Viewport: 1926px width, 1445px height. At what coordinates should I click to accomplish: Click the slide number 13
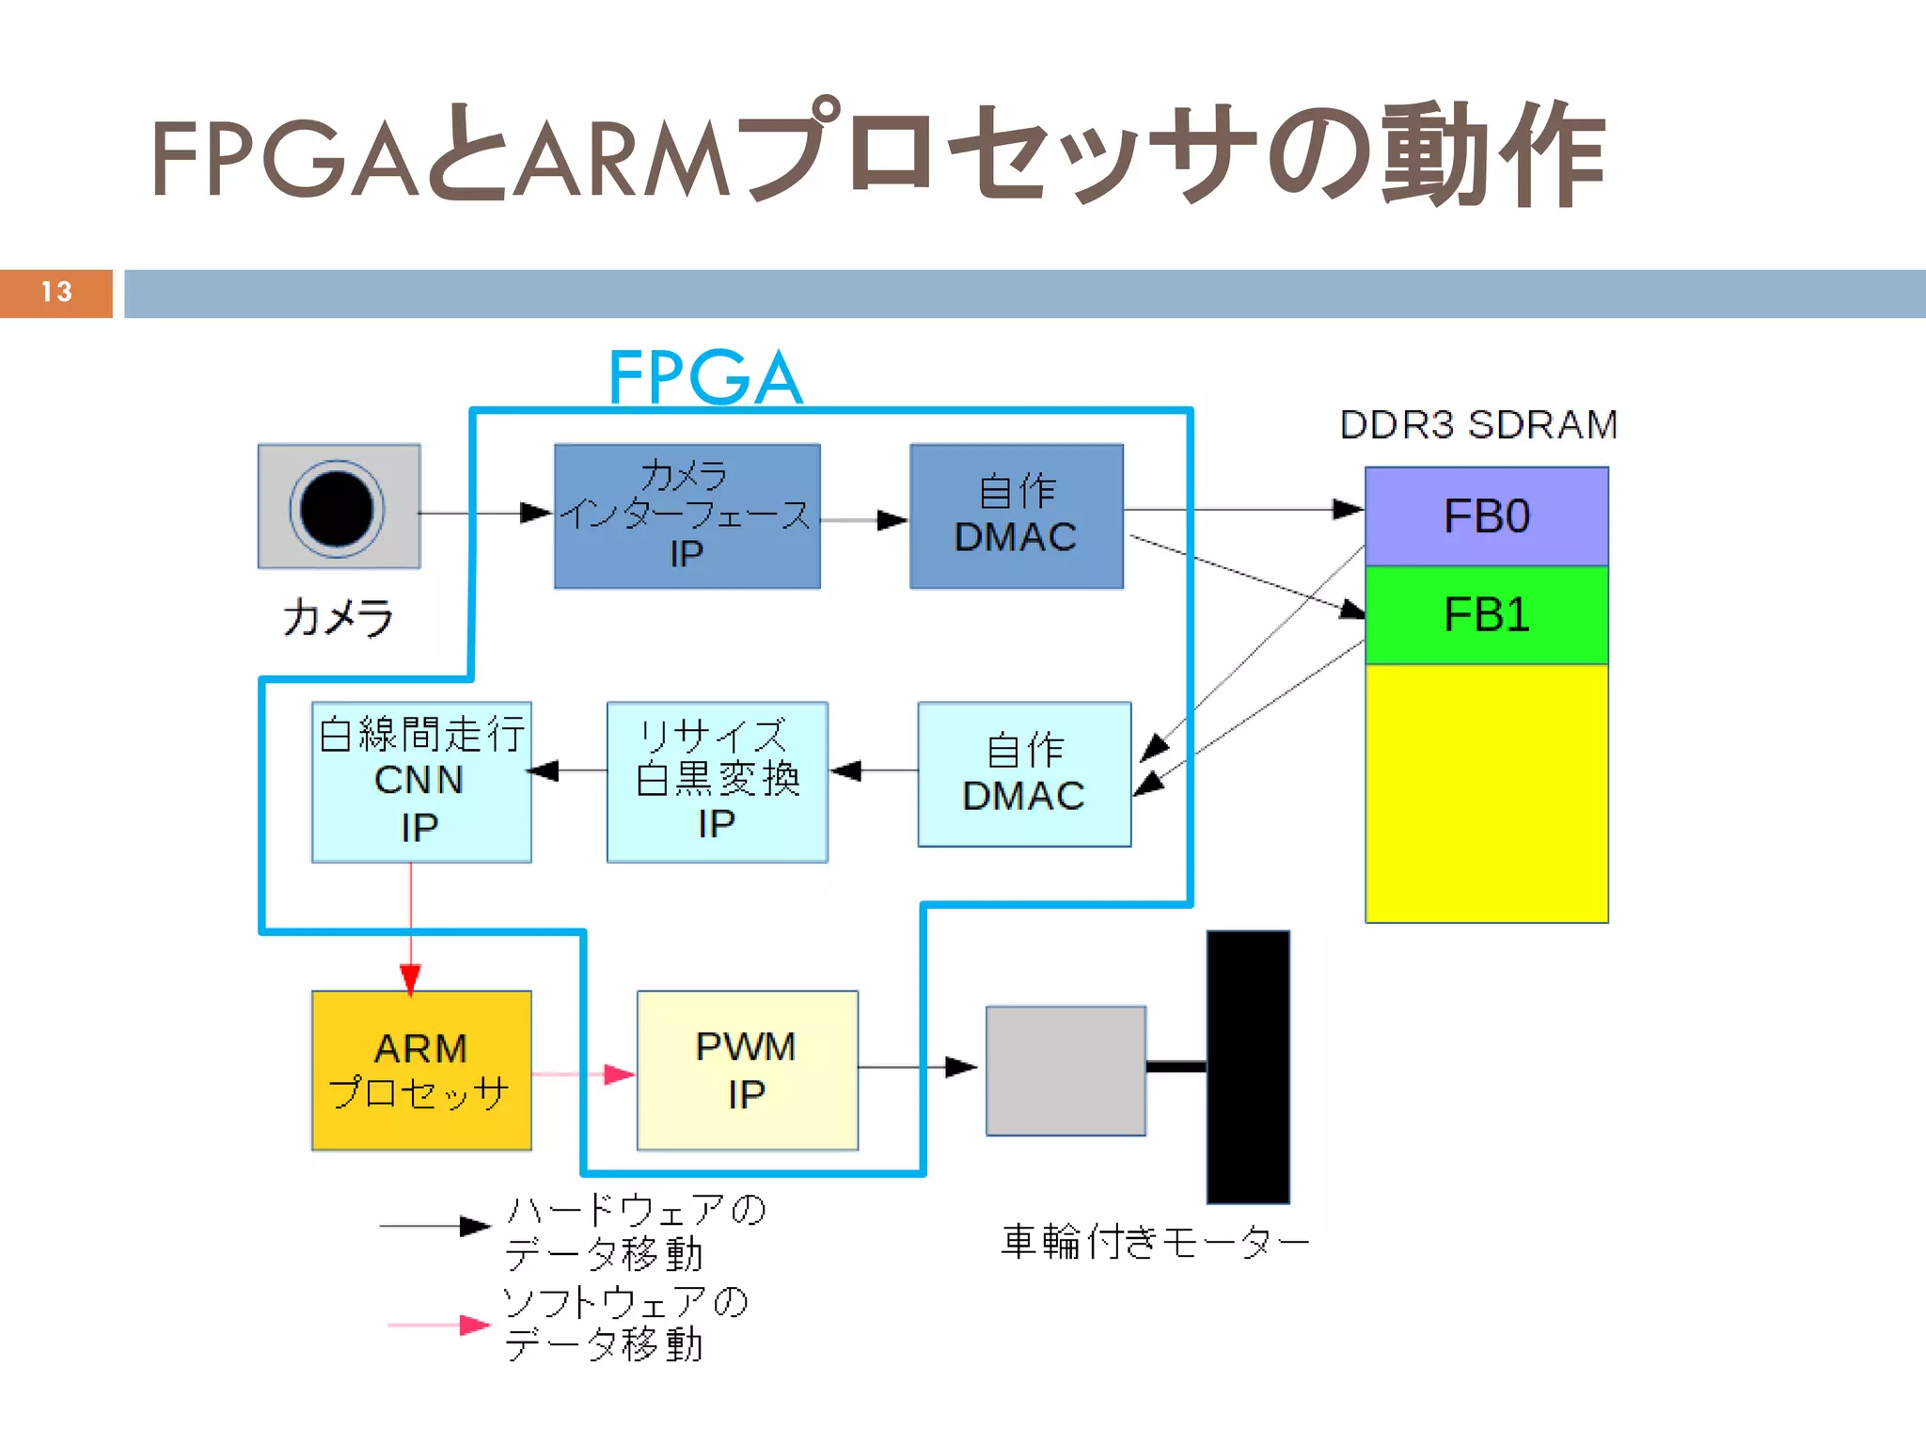tap(56, 293)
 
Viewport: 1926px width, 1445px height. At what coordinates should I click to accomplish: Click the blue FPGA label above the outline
tap(705, 377)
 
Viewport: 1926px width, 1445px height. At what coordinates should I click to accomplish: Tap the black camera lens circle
tap(337, 509)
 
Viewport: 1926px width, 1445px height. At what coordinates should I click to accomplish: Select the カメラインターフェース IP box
tap(687, 516)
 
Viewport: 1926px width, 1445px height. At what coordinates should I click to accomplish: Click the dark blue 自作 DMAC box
tap(1016, 516)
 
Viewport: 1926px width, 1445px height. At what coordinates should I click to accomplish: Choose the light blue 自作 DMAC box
tap(1024, 774)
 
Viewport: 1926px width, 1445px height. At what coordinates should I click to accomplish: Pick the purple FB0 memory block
tap(1486, 516)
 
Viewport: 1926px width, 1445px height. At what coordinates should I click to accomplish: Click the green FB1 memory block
tap(1486, 615)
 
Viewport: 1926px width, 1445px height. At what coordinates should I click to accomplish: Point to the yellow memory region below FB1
tap(1486, 793)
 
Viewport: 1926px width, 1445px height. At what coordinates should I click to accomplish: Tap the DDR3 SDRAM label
tap(1478, 425)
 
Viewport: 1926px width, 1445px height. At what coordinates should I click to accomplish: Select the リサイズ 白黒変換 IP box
tap(717, 782)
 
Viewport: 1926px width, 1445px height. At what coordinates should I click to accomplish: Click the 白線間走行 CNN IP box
tap(420, 782)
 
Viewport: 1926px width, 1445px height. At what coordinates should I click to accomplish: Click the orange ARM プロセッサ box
tap(420, 1071)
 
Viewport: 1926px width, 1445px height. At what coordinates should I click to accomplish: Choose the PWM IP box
tap(747, 1071)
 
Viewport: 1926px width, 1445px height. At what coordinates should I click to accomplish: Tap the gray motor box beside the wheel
tap(1066, 1071)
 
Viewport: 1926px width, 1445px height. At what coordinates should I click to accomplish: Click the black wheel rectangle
tap(1248, 1067)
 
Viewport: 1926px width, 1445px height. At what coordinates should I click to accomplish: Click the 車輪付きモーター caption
tap(1155, 1243)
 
